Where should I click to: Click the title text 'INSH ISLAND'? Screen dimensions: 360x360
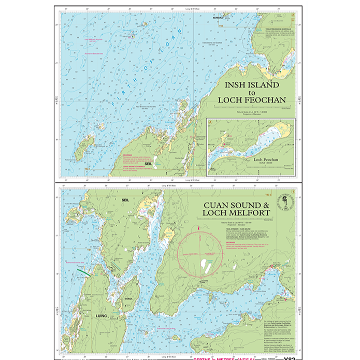252,84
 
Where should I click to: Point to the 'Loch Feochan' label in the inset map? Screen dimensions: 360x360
265,160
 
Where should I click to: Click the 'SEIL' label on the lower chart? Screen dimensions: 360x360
125,199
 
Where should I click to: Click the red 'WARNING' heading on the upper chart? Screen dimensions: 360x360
126,154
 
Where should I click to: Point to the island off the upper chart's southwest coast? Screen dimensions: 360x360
84,148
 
